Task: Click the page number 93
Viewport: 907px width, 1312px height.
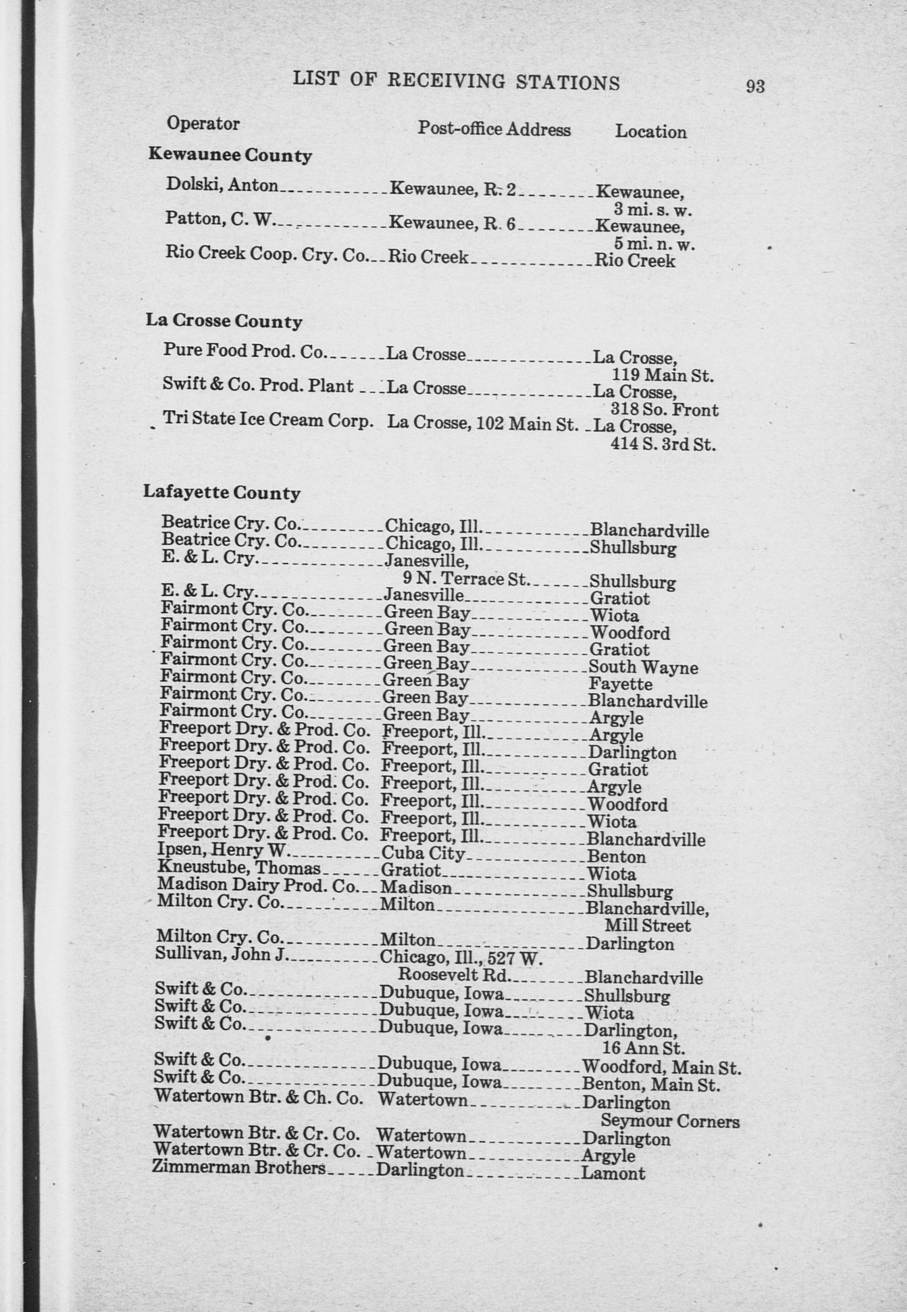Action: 755,86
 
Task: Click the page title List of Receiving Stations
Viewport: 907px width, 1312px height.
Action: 456,81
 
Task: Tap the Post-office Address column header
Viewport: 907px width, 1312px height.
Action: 494,129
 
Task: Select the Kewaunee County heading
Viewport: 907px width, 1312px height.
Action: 230,155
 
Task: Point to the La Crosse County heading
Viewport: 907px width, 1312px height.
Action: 223,321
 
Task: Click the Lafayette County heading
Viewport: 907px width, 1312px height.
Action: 222,493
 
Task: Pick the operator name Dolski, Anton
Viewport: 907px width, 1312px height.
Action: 222,185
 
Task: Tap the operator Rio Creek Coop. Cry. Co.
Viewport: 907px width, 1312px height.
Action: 267,253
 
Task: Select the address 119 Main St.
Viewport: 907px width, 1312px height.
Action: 662,376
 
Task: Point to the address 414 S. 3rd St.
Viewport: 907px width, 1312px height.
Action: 662,444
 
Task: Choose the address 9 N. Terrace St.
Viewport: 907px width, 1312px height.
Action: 466,579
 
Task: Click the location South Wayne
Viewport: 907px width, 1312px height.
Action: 643,667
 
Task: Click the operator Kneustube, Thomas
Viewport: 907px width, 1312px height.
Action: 239,868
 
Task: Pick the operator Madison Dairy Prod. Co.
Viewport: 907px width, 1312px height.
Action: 258,885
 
